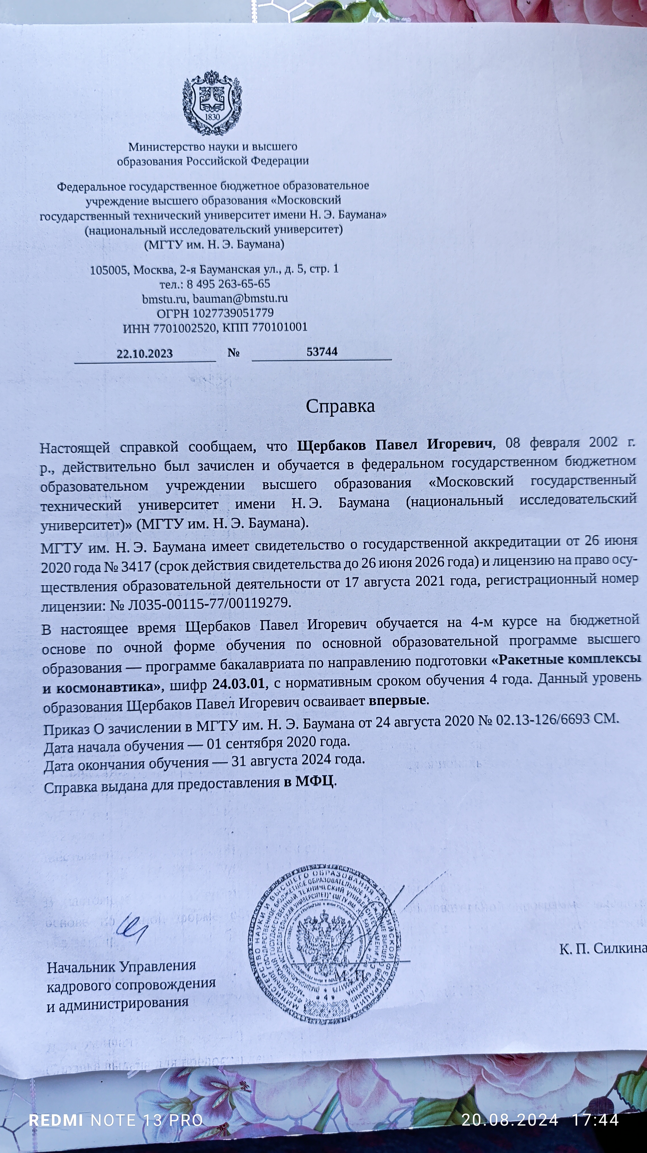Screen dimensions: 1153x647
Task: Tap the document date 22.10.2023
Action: tap(145, 354)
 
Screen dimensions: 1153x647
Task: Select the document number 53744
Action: tap(322, 352)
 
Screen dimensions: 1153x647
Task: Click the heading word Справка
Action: tap(340, 406)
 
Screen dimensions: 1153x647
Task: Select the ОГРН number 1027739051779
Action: tap(233, 313)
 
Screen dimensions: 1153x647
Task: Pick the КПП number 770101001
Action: tap(280, 327)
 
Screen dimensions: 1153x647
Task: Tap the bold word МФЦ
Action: tap(314, 781)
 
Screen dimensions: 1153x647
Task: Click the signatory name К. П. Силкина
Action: tap(603, 948)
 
